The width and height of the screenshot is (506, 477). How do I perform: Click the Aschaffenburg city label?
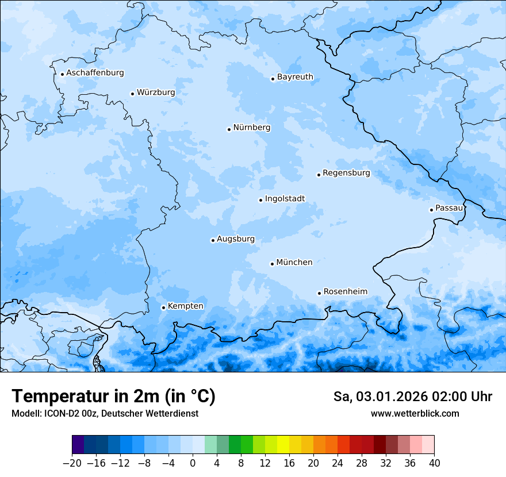[x=95, y=73]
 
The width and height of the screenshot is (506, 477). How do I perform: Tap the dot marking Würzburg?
[x=132, y=94]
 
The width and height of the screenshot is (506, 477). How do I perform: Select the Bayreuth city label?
[x=295, y=77]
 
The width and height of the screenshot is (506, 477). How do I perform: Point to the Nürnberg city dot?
[x=229, y=129]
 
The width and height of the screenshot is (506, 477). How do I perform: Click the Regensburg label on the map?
[x=346, y=173]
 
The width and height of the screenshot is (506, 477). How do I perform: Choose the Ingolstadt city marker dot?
[x=260, y=201]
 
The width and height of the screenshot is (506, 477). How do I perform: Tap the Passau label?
[x=448, y=208]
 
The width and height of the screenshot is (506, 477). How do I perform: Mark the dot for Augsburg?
[x=213, y=240]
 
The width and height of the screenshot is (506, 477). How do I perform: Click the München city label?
[x=294, y=263]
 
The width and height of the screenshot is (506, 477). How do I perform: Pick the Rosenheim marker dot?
[x=319, y=293]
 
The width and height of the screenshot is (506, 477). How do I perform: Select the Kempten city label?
[x=185, y=306]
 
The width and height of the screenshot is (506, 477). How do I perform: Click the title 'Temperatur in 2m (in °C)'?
[x=113, y=397]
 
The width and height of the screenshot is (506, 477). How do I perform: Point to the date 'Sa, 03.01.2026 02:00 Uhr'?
[x=412, y=397]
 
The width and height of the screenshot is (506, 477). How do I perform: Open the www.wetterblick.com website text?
[x=415, y=413]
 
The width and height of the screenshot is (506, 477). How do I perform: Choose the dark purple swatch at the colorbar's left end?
[x=78, y=445]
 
